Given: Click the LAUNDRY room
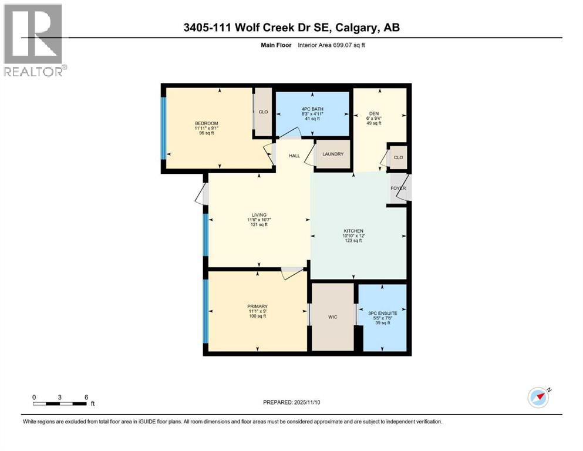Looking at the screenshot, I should coord(332,154).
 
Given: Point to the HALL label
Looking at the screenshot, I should coord(294,156).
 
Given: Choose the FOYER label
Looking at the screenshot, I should coord(399,189).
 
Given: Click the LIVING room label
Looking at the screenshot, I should coord(259,215).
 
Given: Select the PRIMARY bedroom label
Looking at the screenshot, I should coord(257,306).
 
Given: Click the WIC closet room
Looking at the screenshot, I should coord(332,317).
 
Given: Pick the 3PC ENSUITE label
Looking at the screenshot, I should coord(382,313).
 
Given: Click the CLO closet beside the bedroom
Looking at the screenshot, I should coord(264,112).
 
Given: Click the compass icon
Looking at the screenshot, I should coord(538,397).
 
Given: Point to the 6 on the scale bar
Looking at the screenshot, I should coord(86,397).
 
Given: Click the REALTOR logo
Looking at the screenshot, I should coord(33,41).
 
